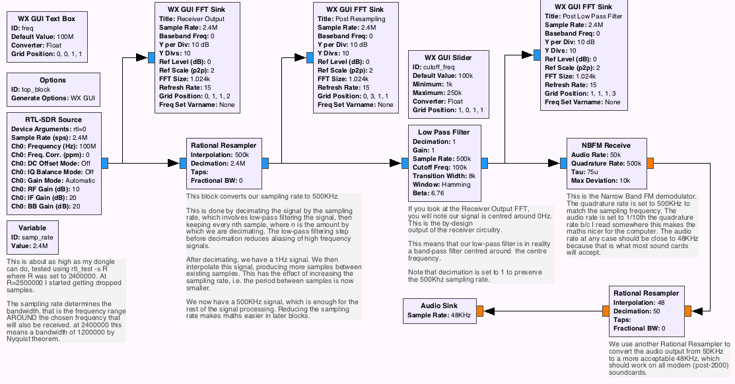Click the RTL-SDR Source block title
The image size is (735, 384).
click(x=53, y=119)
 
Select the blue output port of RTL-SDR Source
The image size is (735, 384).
click(x=105, y=163)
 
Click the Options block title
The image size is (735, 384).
click(x=53, y=80)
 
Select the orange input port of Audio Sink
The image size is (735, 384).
click(x=479, y=311)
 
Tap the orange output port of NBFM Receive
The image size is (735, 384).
click(x=650, y=162)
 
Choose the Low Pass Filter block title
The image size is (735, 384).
click(x=443, y=132)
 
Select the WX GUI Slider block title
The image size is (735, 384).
click(x=448, y=57)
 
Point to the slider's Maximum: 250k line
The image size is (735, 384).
click(x=437, y=93)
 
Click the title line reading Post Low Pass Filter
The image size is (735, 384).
click(x=584, y=16)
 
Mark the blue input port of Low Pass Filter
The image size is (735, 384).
click(x=405, y=163)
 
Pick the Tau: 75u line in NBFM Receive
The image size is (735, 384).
click(x=586, y=172)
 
